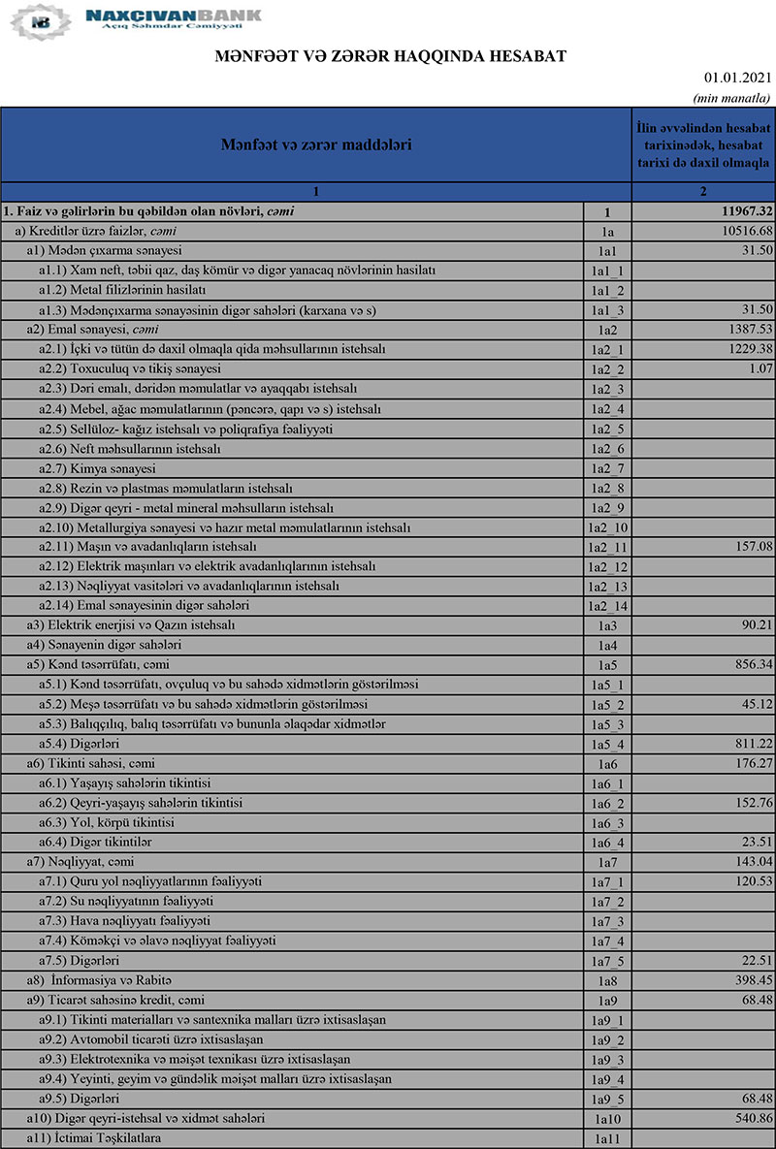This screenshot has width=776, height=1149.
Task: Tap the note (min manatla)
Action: coord(731,98)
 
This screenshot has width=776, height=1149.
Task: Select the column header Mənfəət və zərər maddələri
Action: coord(315,145)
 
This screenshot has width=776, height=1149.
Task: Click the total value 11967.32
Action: coord(739,211)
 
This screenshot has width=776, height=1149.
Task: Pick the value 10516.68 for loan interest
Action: coord(740,231)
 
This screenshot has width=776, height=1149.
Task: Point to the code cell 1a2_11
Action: coord(608,548)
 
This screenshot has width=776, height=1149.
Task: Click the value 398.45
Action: coord(747,980)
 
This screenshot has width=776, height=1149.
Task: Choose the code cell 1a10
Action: coord(607,1119)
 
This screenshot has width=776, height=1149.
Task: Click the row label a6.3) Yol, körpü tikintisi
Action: coord(107,822)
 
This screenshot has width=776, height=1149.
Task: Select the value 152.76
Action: coord(747,803)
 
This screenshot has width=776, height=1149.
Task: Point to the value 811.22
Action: coord(747,744)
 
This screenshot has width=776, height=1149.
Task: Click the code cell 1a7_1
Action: coord(608,882)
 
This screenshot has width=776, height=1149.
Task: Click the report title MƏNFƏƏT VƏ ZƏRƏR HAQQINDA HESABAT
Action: coord(390,57)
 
